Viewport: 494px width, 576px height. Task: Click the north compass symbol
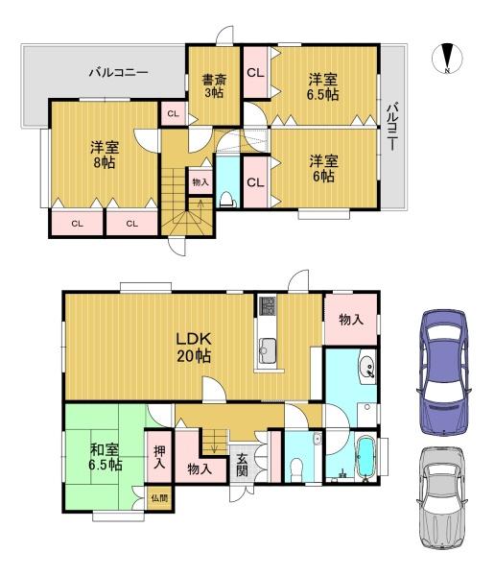tap(447, 59)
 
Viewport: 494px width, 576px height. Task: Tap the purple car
tap(444, 372)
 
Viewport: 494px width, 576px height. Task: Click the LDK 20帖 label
tap(194, 348)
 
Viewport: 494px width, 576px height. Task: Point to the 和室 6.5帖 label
tap(106, 457)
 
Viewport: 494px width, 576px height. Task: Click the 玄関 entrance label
tap(242, 465)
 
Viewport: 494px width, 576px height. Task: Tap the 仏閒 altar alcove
tap(159, 498)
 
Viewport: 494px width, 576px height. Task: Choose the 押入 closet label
tap(159, 457)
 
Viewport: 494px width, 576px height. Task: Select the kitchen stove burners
tap(268, 305)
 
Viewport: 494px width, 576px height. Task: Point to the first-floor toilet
tap(295, 469)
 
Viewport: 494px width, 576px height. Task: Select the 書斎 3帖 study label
tap(214, 86)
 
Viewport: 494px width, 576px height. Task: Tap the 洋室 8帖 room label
tap(105, 155)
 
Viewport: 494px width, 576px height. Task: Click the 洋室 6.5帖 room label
tap(323, 87)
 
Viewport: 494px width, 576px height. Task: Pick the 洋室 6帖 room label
tap(323, 169)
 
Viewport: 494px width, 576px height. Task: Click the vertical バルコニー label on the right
tap(392, 127)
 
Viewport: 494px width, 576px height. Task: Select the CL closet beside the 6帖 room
tap(255, 182)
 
